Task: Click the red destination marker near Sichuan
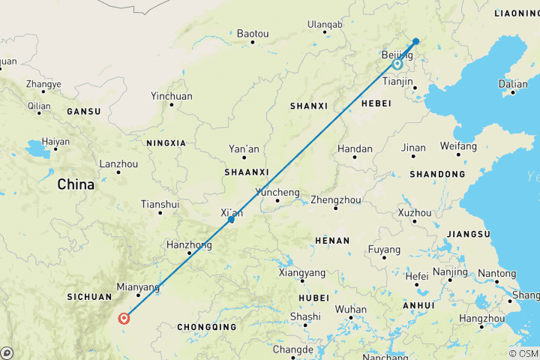click(x=124, y=318)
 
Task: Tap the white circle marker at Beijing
click(x=397, y=64)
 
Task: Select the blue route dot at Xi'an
click(x=232, y=220)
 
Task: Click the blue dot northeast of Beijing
click(x=416, y=41)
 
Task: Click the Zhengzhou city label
click(x=336, y=200)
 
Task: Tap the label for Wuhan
click(x=351, y=309)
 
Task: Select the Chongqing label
click(x=207, y=327)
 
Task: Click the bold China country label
click(x=76, y=184)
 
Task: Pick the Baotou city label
click(x=252, y=34)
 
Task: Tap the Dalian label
click(x=513, y=84)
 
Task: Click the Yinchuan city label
click(x=172, y=96)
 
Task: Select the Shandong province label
click(x=437, y=174)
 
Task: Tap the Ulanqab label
click(x=325, y=25)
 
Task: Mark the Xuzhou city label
click(x=415, y=213)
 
